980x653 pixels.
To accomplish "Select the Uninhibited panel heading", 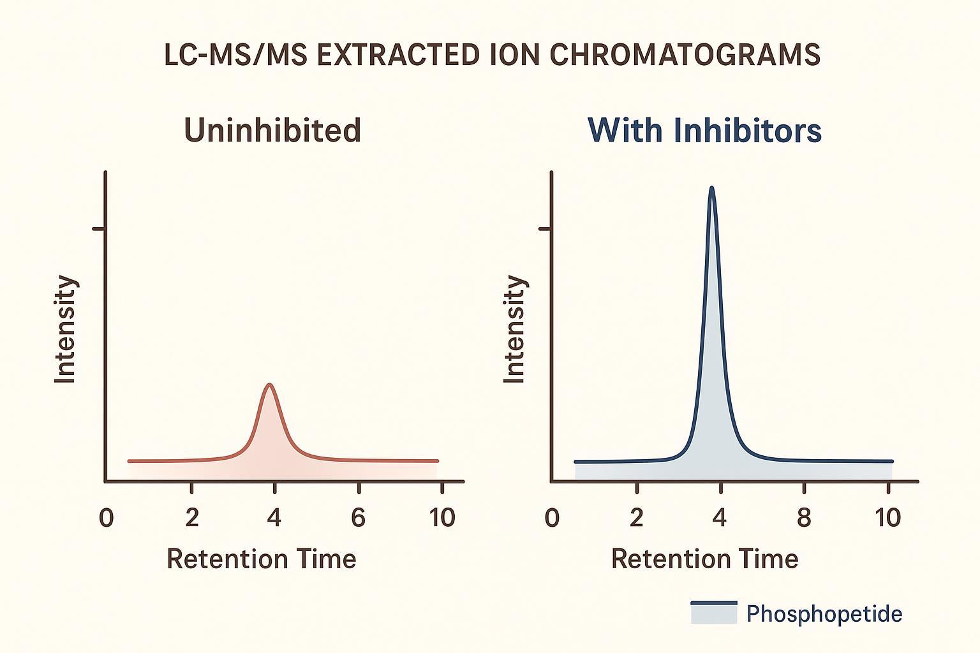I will click(272, 130).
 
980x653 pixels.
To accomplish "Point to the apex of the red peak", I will click(270, 385).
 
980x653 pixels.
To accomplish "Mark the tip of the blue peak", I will click(711, 187).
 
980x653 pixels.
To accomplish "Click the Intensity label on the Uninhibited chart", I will click(65, 329).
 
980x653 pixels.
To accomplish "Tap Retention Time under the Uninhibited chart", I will click(261, 559).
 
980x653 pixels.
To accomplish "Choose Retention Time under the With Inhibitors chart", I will click(704, 559).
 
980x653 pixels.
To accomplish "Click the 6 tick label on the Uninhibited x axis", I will click(359, 517).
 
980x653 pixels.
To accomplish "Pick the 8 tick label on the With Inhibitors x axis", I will click(804, 517).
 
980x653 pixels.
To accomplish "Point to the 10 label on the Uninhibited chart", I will click(442, 517).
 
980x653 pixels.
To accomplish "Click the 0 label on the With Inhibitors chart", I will click(552, 517).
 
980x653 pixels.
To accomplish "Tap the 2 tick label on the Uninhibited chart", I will click(192, 517).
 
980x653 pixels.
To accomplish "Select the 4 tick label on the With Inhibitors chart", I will click(720, 517).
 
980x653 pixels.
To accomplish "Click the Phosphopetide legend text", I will click(824, 614).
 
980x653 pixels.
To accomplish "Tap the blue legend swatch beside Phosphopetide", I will click(713, 612).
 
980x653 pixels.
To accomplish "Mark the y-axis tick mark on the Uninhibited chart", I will click(99, 228).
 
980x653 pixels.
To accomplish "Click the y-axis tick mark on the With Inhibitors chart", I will click(546, 228).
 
